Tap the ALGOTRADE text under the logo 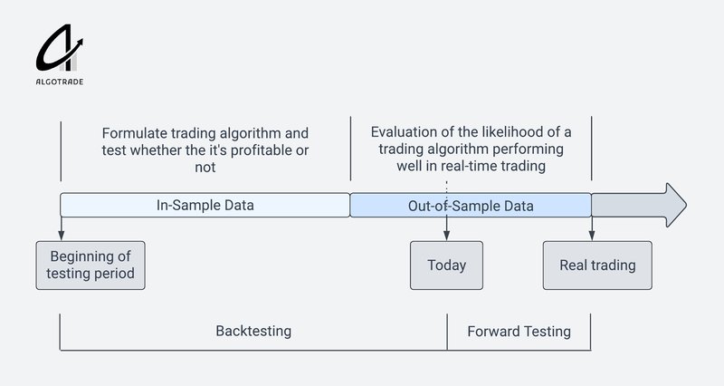(x=61, y=82)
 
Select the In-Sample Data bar (x=205, y=205)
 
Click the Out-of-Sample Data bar (x=471, y=206)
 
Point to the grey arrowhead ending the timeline (x=674, y=205)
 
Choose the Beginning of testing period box (x=90, y=265)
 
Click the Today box (x=446, y=265)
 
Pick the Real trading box (x=596, y=265)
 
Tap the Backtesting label (x=253, y=331)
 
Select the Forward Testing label (x=519, y=331)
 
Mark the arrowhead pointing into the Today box (x=446, y=236)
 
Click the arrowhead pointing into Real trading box (x=591, y=236)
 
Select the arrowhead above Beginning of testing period (x=61, y=236)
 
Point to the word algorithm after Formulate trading (x=253, y=132)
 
